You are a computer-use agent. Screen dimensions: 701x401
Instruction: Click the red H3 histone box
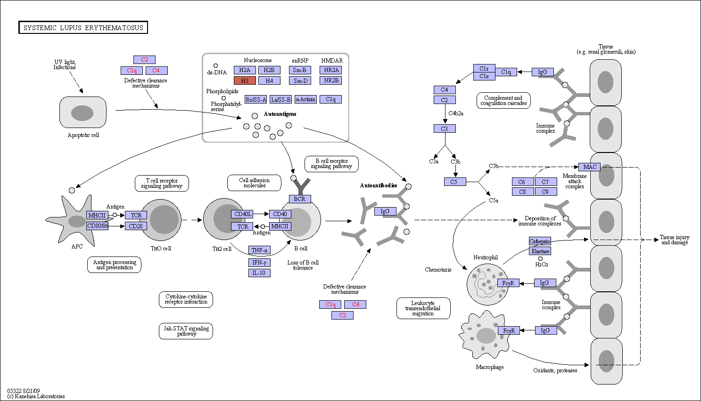pyautogui.click(x=245, y=80)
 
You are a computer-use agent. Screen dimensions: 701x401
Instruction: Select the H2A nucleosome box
pyautogui.click(x=245, y=70)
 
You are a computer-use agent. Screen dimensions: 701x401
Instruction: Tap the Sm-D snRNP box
pyautogui.click(x=300, y=80)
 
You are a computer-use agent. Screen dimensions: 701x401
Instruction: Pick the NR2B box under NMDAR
pyautogui.click(x=331, y=80)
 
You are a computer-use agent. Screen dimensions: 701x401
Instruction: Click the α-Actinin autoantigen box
pyautogui.click(x=306, y=99)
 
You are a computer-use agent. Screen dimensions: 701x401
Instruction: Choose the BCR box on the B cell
pyautogui.click(x=300, y=199)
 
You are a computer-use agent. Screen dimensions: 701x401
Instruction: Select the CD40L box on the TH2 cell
pyautogui.click(x=242, y=214)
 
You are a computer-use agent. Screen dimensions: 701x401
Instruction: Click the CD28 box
pyautogui.click(x=136, y=226)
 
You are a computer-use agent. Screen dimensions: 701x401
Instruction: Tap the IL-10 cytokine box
pyautogui.click(x=259, y=273)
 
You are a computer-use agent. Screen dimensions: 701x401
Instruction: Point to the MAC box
pyautogui.click(x=590, y=167)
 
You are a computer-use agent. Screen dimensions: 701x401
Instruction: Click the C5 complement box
pyautogui.click(x=455, y=182)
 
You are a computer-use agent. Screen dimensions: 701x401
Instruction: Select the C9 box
pyautogui.click(x=546, y=192)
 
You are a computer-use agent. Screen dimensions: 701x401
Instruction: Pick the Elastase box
pyautogui.click(x=540, y=251)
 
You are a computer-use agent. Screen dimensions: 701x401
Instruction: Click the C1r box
pyautogui.click(x=484, y=68)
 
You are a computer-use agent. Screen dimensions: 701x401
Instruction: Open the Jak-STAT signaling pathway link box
pyautogui.click(x=186, y=331)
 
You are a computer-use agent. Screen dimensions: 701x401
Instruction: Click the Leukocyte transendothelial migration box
pyautogui.click(x=423, y=308)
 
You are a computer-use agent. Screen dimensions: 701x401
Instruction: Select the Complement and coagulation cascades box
pyautogui.click(x=503, y=100)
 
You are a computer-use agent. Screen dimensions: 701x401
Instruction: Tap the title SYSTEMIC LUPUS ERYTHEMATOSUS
pyautogui.click(x=83, y=27)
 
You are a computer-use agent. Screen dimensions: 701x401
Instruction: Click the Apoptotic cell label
pyautogui.click(x=83, y=135)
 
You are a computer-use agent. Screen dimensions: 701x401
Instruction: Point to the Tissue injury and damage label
pyautogui.click(x=675, y=240)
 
